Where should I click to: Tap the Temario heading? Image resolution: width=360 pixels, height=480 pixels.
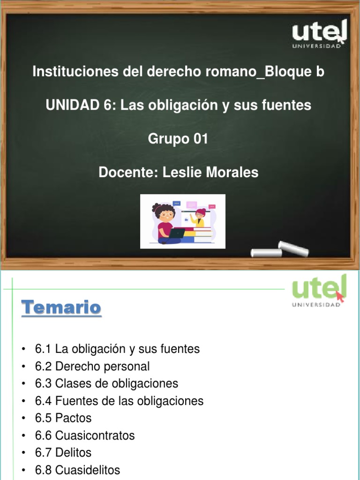pyautogui.click(x=61, y=308)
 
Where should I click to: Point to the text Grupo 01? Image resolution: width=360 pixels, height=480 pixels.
pyautogui.click(x=178, y=139)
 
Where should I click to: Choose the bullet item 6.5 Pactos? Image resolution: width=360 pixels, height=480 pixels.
pyautogui.click(x=63, y=418)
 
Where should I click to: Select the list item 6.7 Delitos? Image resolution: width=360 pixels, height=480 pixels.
pyautogui.click(x=63, y=452)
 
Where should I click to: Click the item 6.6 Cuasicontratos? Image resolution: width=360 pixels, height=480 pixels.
pyautogui.click(x=85, y=435)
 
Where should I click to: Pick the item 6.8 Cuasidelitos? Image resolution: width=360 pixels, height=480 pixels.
pyautogui.click(x=77, y=470)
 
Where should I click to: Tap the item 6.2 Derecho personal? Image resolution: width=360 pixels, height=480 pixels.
pyautogui.click(x=92, y=366)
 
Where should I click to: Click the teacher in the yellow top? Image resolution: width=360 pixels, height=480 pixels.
pyautogui.click(x=199, y=218)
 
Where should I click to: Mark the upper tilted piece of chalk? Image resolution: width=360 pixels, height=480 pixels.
pyautogui.click(x=293, y=248)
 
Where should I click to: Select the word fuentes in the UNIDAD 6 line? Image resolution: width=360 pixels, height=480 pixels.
pyautogui.click(x=289, y=105)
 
